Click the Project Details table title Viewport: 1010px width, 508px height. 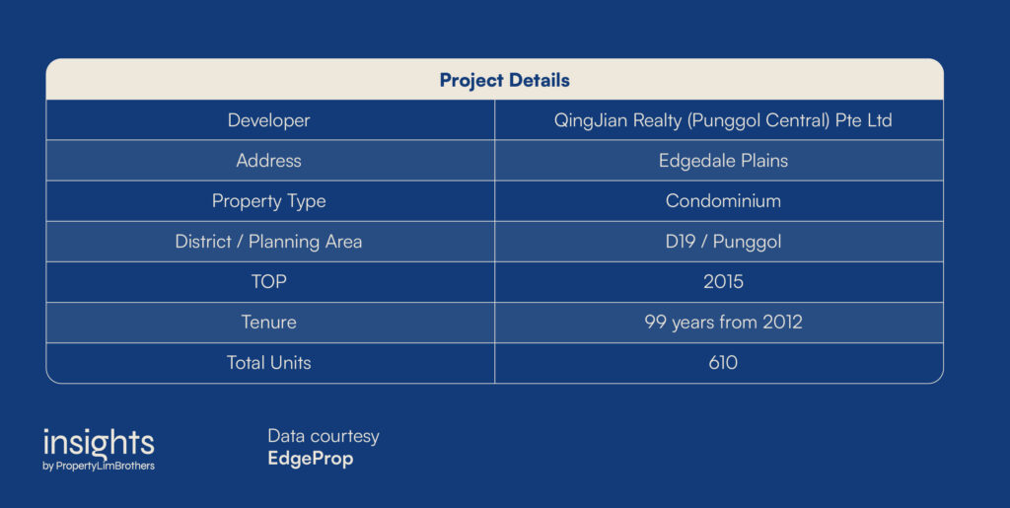pos(504,81)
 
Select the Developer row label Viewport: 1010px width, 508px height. pos(268,120)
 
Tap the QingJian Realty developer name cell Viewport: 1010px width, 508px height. pos(723,120)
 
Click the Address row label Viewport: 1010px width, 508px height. pos(268,161)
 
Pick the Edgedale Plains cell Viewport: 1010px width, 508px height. pos(723,161)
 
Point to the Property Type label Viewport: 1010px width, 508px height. pos(268,201)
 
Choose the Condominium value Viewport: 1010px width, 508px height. pos(723,201)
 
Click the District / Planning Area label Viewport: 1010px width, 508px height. pos(268,242)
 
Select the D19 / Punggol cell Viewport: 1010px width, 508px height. pos(723,242)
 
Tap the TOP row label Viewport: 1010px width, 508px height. pos(268,281)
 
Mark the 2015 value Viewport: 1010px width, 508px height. pos(723,281)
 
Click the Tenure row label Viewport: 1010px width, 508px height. pos(268,322)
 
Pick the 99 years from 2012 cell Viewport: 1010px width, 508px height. pos(723,323)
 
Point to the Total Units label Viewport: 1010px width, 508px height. pos(268,362)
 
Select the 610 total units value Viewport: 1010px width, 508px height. pos(723,362)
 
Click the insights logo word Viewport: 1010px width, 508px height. pos(99,443)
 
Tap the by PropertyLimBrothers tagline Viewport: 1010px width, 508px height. pos(99,467)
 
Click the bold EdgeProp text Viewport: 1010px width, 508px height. pos(311,459)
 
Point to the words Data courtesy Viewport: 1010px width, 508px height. pos(324,437)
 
